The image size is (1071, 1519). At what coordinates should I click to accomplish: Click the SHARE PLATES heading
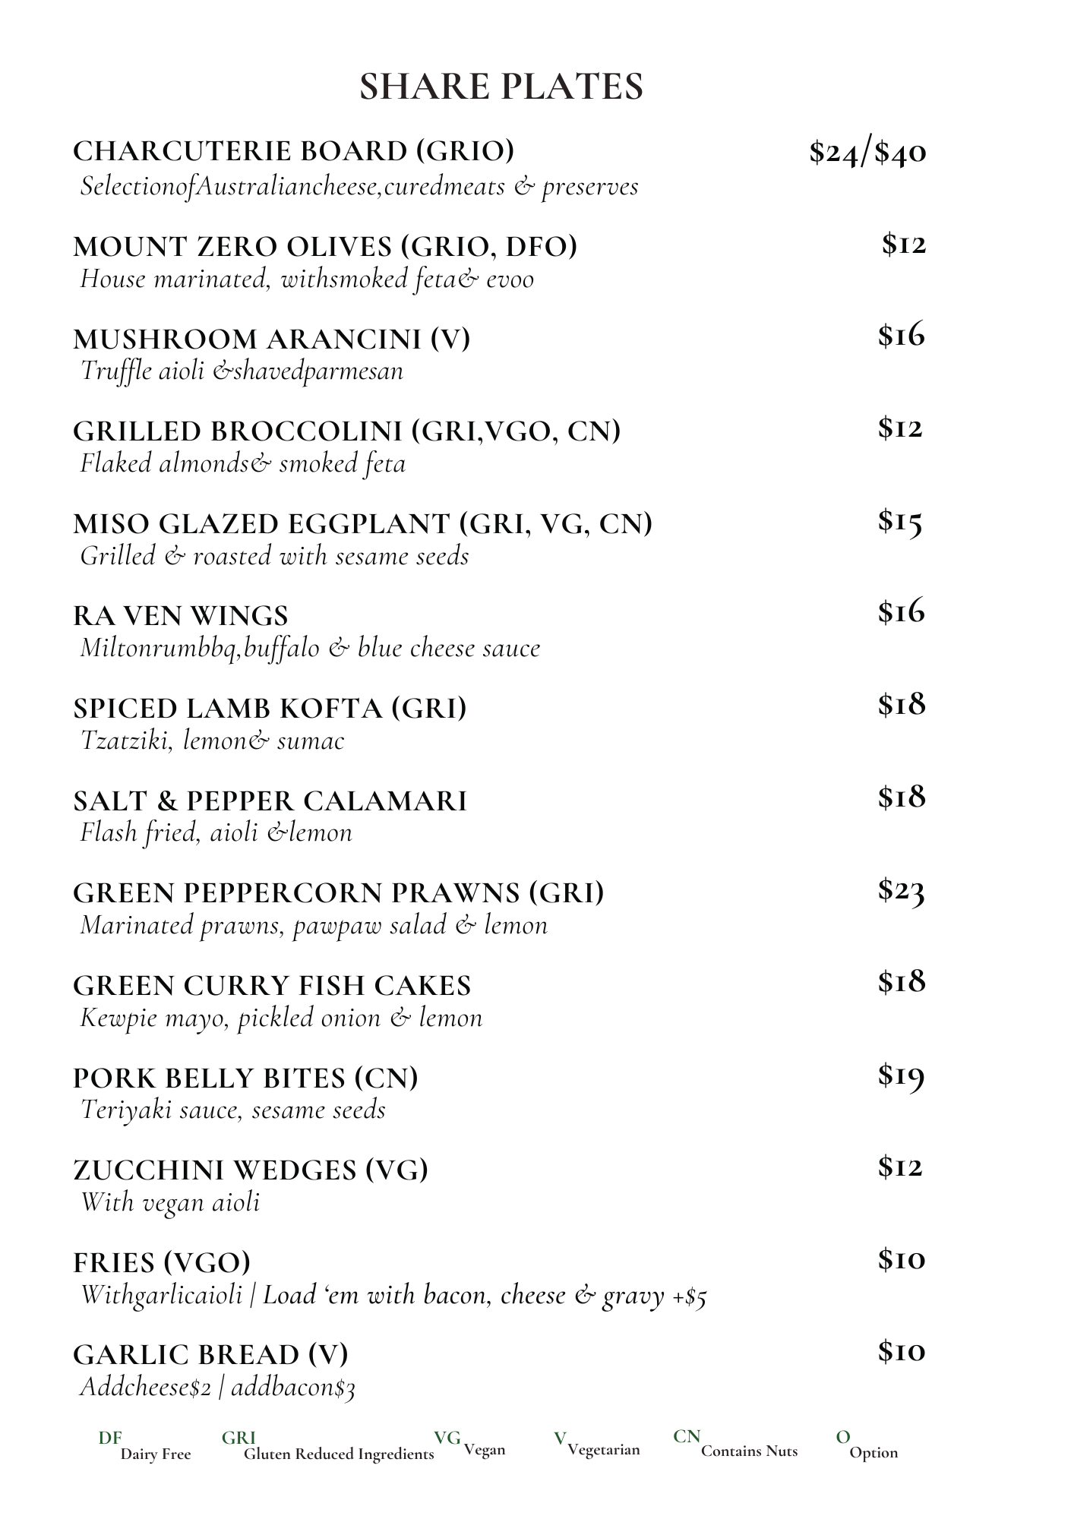[501, 87]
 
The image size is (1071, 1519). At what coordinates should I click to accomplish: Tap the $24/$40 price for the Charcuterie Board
[867, 152]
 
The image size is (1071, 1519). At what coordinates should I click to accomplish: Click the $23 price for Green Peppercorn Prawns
[901, 890]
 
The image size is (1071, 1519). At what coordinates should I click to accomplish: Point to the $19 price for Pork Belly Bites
[901, 1075]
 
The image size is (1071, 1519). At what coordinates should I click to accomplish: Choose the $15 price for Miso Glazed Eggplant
[900, 521]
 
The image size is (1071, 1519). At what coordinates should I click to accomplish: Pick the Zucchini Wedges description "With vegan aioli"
[170, 1202]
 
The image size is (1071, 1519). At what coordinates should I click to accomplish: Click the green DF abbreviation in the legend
[110, 1438]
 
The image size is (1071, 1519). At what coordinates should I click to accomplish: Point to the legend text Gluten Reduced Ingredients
[339, 1454]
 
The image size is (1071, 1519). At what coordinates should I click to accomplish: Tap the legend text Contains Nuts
[749, 1451]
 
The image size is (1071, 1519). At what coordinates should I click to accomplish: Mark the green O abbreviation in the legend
[842, 1437]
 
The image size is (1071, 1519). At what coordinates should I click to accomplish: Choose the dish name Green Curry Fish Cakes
[272, 986]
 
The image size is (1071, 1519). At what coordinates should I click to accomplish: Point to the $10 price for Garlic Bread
[902, 1351]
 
